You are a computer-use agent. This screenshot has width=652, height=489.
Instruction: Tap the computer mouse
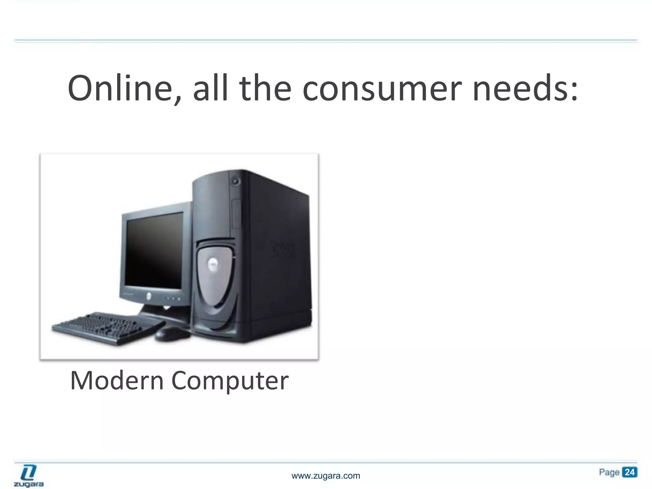tap(172, 334)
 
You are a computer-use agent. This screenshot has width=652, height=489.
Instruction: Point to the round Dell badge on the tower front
tap(213, 264)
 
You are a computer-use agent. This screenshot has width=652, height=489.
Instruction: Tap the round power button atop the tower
tap(236, 181)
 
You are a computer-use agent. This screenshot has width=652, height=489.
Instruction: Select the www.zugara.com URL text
tap(326, 476)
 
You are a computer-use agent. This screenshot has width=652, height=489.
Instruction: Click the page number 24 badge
tap(629, 472)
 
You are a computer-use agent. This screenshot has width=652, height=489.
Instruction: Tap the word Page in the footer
tap(609, 472)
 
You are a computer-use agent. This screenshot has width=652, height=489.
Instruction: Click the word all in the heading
tap(210, 88)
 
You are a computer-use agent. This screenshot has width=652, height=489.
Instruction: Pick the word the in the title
tap(265, 88)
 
